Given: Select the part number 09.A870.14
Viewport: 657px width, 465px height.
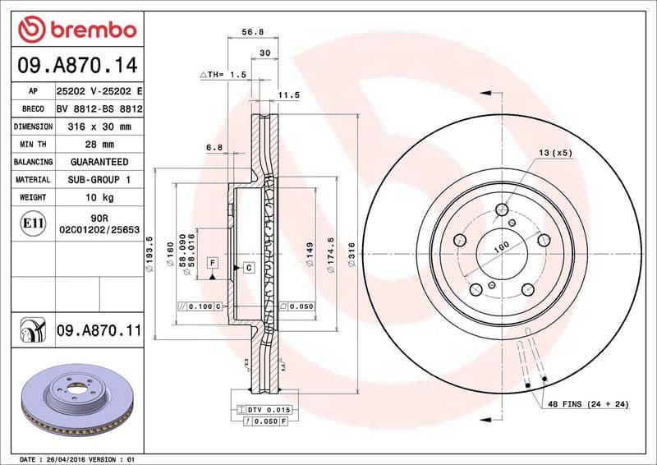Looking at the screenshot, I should point(76,64).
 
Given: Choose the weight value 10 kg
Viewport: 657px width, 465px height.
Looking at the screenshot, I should point(99,197).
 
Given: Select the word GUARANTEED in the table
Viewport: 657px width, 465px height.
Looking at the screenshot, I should point(99,162).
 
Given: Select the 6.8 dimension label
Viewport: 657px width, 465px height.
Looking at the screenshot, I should point(214,148).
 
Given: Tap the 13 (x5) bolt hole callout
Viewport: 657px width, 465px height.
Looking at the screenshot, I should point(555,153).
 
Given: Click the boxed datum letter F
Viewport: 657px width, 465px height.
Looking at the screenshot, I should point(213,263).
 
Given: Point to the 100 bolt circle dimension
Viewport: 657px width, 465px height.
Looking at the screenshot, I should point(500,246).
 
